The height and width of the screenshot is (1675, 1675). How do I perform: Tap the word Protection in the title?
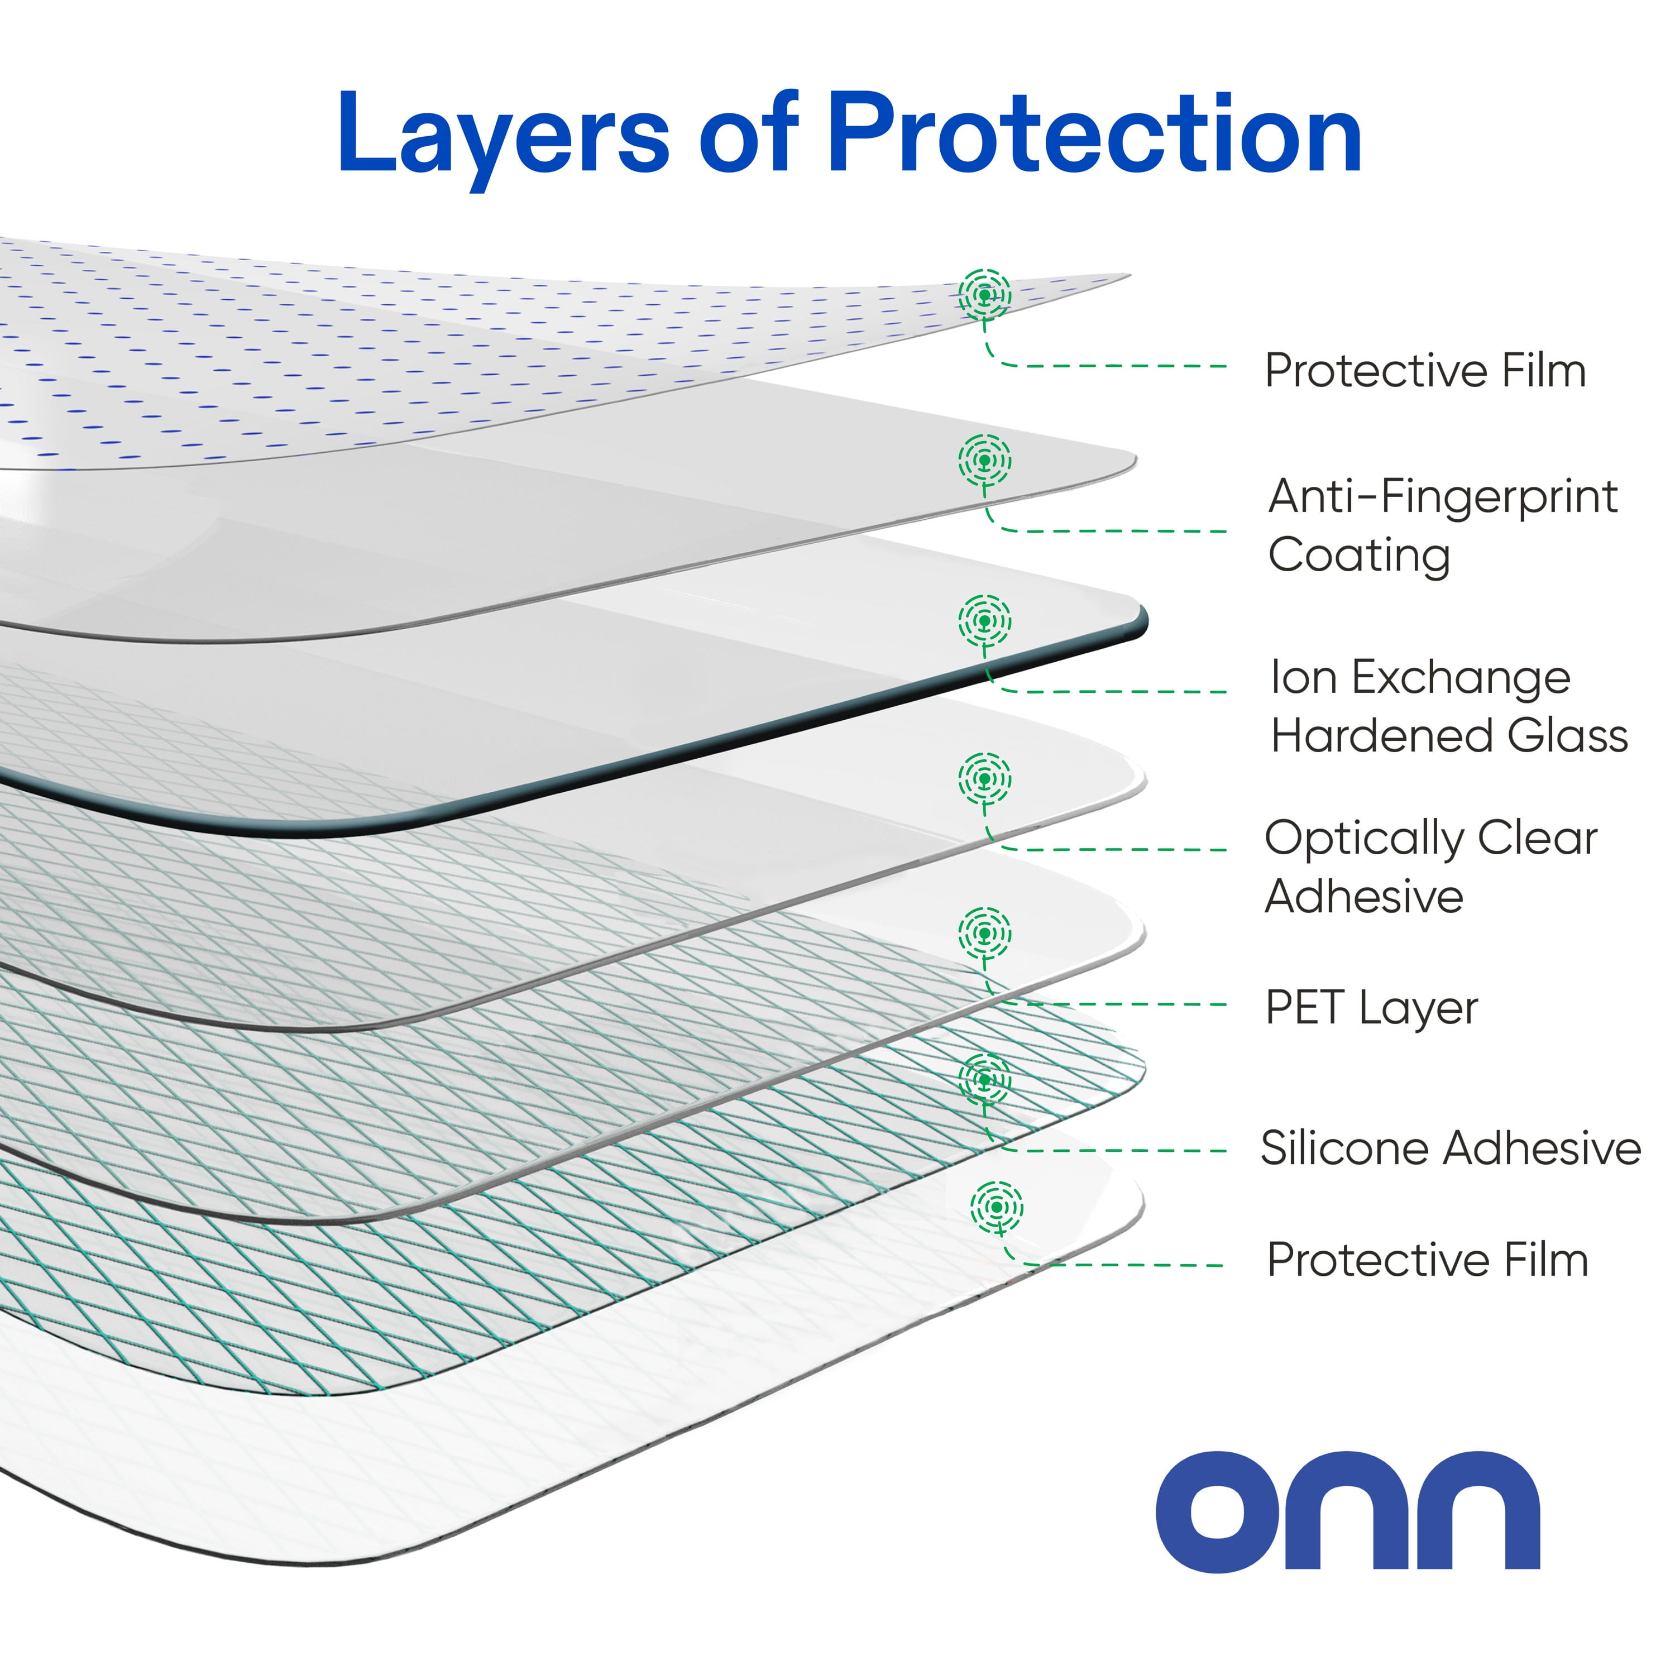pos(1094,135)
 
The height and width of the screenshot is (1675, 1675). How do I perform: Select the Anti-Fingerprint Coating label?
pos(1442,525)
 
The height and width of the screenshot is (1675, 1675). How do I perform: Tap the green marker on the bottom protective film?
pos(997,1206)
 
